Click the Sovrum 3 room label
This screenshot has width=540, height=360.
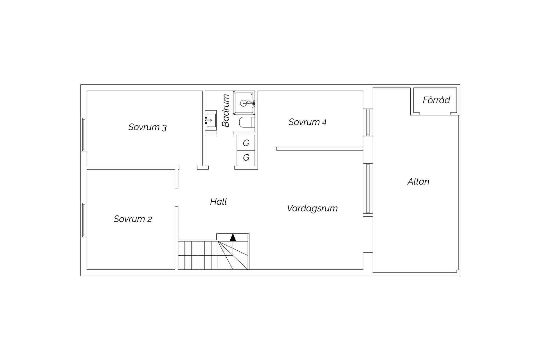147,127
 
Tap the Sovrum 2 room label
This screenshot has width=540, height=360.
133,219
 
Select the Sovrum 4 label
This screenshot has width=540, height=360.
307,122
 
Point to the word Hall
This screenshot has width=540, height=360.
219,201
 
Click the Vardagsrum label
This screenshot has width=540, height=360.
312,208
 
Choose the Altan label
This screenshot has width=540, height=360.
418,182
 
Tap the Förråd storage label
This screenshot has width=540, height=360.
436,100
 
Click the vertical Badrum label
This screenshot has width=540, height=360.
226,111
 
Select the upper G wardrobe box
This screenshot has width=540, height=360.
246,143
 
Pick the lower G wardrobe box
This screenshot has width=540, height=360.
246,157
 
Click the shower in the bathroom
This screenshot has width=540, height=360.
244,103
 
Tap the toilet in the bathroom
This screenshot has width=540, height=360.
247,123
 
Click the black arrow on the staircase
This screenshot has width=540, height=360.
233,237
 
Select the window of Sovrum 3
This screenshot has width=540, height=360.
84,134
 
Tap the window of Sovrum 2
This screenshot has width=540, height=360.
84,220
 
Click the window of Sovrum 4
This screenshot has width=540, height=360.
368,122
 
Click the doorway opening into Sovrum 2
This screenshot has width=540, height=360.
177,197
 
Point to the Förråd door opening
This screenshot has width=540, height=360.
435,114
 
